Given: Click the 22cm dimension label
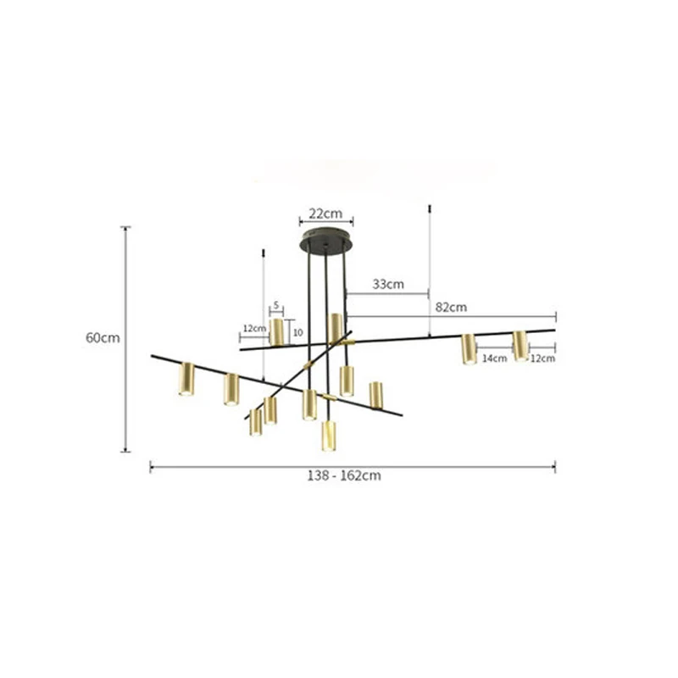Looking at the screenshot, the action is coord(325,214).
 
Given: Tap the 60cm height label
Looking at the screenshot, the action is coord(103,337).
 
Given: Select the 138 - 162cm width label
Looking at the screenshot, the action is coord(344,475).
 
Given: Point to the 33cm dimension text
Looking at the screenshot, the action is coord(388,284).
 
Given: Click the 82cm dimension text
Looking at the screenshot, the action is coord(451,307).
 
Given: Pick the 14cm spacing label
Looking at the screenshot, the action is coord(494,358).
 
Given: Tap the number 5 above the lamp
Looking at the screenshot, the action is coord(276,305).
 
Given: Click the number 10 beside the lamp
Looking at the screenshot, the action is coord(298,332).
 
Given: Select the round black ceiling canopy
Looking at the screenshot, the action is coord(325,239).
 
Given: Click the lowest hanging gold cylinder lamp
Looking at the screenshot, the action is coord(329,436).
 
